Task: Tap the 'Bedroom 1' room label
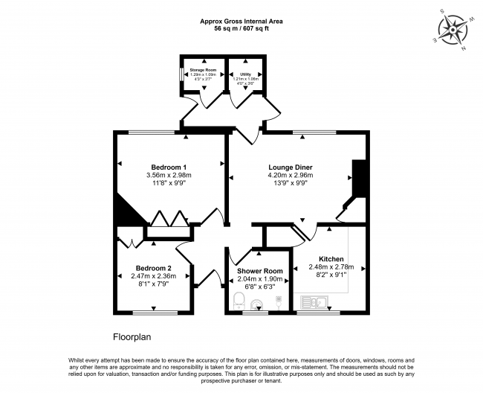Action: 169,167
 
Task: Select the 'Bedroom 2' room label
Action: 154,268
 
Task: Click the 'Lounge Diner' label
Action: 291,167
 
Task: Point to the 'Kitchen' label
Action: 331,258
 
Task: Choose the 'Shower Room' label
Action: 260,270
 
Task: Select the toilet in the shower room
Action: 239,301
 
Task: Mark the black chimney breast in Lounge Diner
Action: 359,179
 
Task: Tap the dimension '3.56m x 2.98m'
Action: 169,176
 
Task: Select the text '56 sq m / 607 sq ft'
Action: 241,28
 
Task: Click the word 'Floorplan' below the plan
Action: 132,337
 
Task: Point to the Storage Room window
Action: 181,75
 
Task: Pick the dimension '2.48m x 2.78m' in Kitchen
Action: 331,267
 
